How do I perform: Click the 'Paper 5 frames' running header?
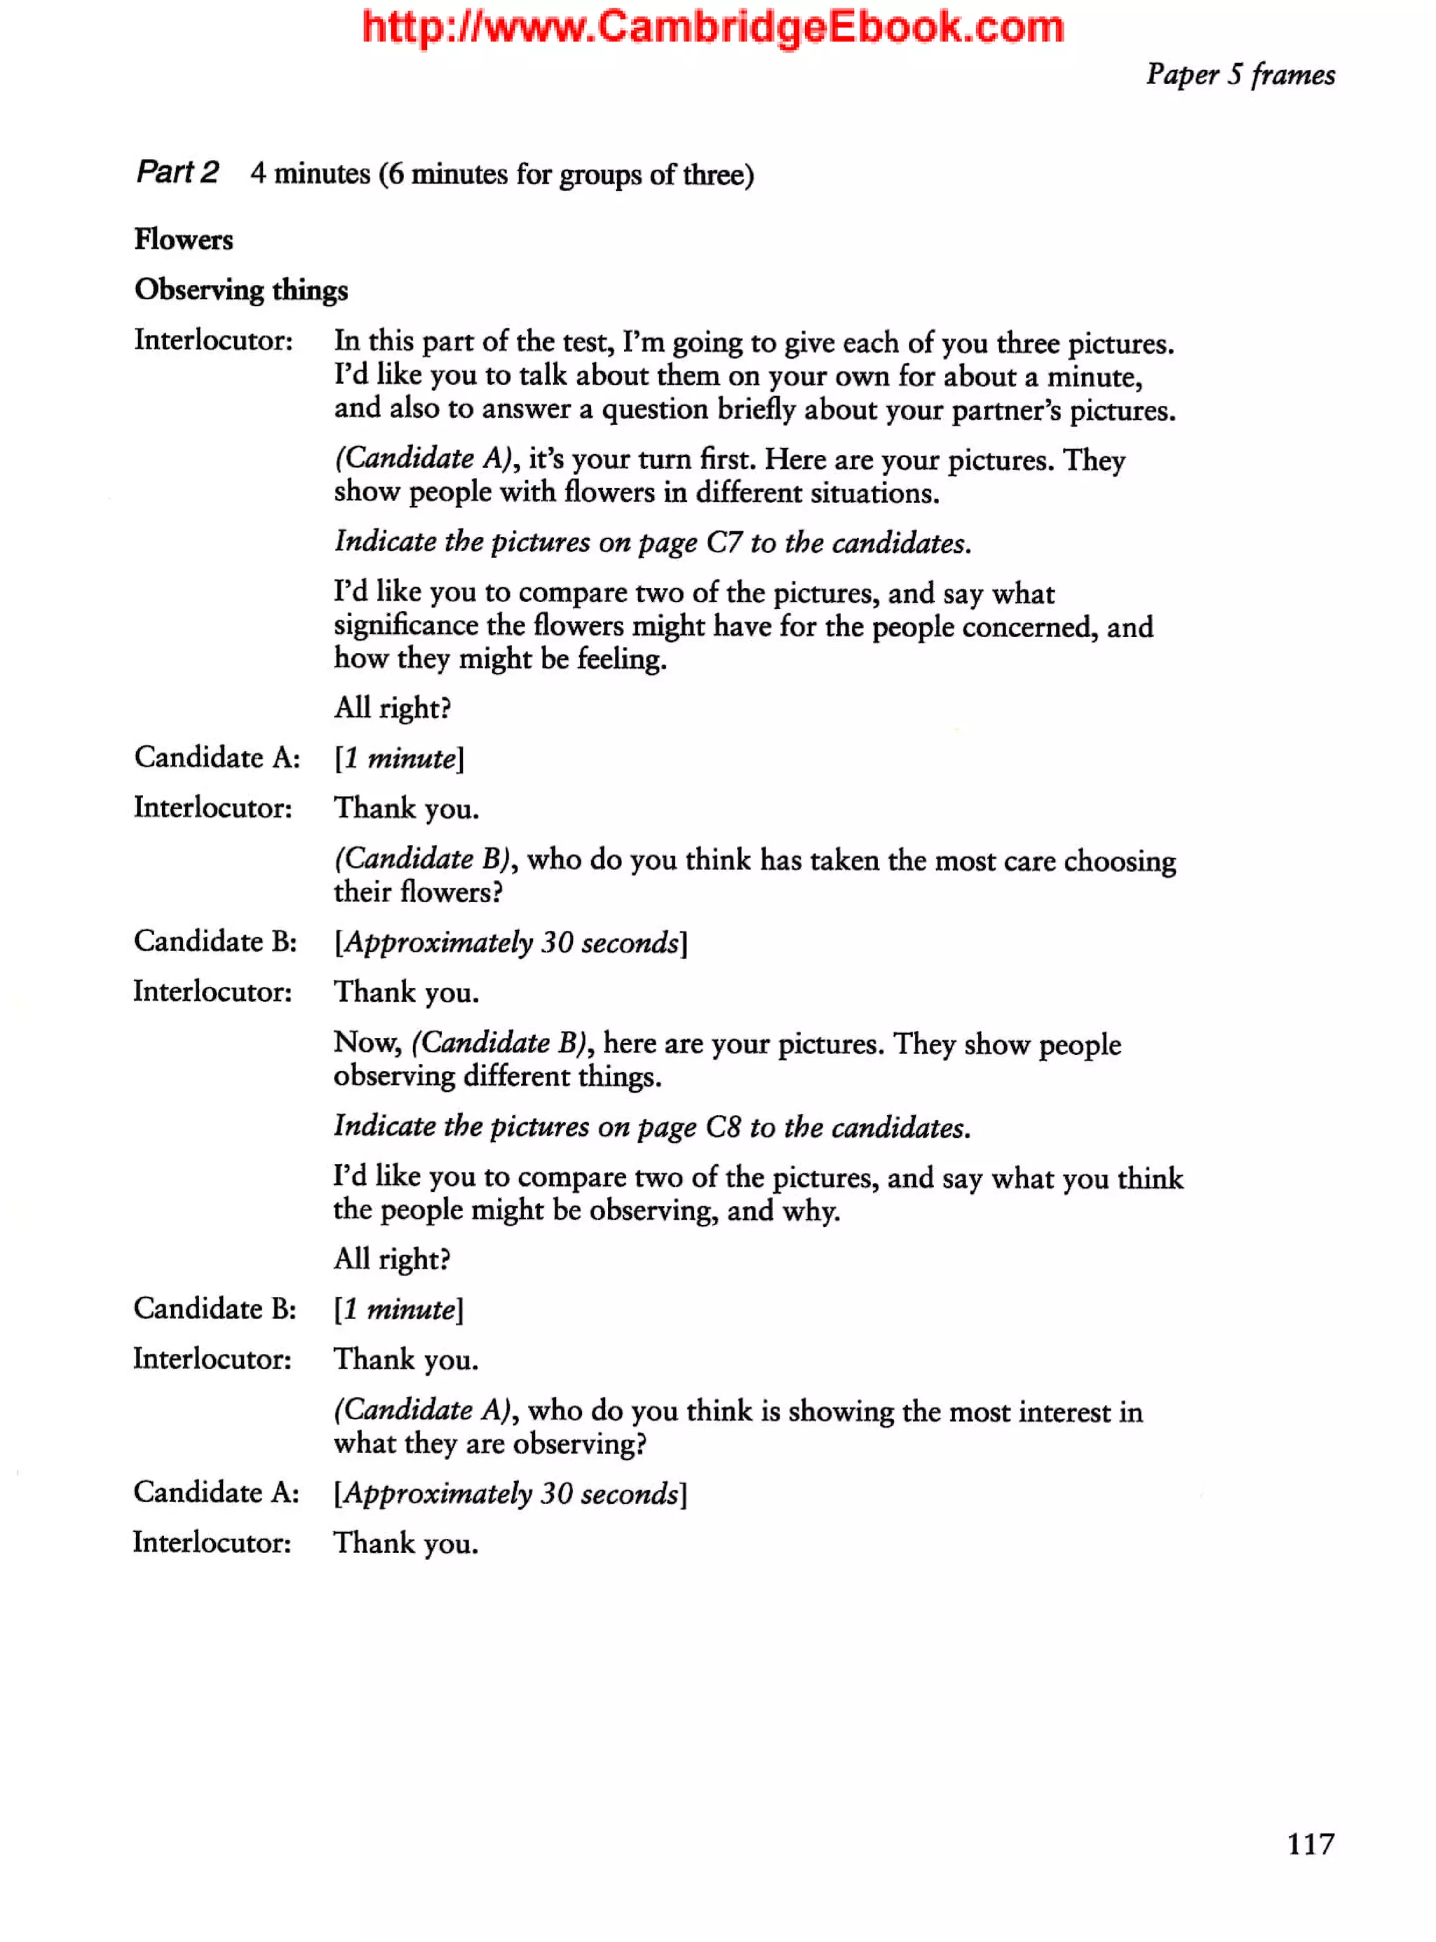point(1240,75)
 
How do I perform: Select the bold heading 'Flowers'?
point(184,239)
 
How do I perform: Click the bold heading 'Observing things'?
point(241,289)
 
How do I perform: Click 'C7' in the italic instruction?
point(724,542)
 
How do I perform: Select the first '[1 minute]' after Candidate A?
point(399,758)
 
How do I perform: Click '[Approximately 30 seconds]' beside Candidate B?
point(510,943)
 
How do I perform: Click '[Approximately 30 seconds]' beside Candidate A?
point(510,1493)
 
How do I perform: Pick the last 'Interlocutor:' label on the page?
point(212,1543)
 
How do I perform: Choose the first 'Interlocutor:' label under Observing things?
point(213,340)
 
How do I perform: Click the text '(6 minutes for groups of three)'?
point(565,175)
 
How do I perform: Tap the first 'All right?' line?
point(392,708)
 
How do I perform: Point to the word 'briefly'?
point(755,409)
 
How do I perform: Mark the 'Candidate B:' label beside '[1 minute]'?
point(215,1308)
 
